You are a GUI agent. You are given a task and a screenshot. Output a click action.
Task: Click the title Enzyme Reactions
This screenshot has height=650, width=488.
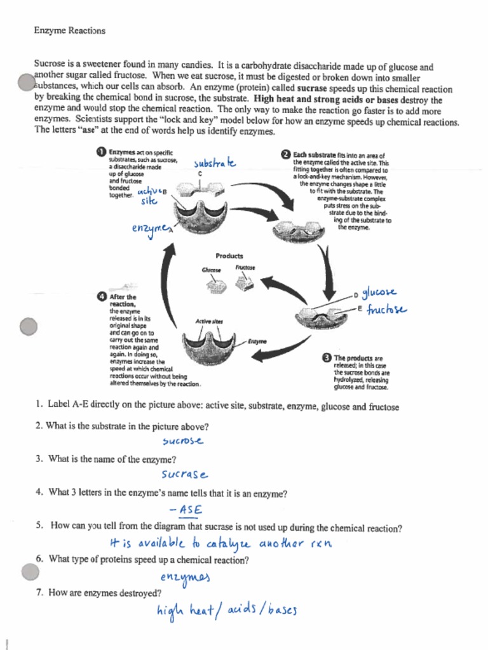tap(70, 30)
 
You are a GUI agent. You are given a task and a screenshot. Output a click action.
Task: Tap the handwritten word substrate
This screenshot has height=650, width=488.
tap(215, 163)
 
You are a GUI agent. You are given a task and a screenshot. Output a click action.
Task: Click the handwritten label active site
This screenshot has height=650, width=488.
tap(150, 195)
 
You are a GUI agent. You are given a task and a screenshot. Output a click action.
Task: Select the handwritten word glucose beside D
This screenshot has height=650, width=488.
tap(379, 292)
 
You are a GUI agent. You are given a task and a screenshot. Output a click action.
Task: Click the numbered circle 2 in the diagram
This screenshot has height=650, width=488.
tap(285, 154)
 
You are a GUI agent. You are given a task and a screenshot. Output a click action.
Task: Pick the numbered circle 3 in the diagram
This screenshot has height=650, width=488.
tap(327, 358)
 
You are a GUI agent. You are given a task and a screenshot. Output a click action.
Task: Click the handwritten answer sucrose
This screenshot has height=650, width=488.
tap(184, 441)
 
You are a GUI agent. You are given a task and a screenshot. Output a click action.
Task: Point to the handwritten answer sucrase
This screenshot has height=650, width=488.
tap(184, 474)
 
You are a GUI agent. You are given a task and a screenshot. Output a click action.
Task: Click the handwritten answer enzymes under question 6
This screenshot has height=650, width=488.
tap(184, 576)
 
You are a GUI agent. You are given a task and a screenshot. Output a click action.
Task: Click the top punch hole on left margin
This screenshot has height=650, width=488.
tap(26, 83)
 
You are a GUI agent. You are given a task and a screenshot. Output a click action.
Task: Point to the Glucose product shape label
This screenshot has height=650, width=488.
tap(211, 270)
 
